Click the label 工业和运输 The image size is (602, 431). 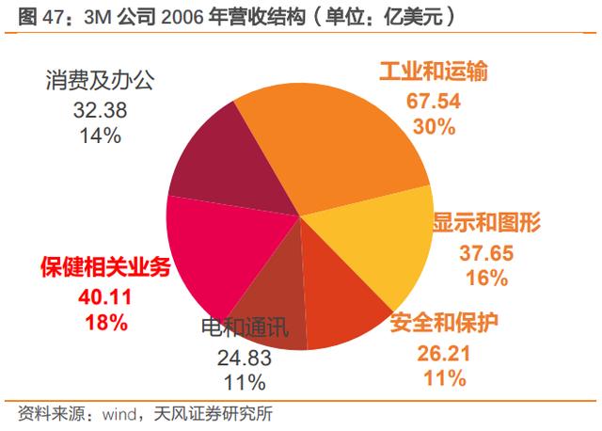[x=434, y=72]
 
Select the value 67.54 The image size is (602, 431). [x=434, y=101]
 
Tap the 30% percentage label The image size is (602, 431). [x=435, y=126]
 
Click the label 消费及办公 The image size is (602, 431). [x=101, y=80]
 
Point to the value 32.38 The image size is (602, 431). [x=101, y=110]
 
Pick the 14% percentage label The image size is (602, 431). [x=101, y=136]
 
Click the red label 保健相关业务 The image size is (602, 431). [x=105, y=266]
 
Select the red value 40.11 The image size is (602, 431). [x=105, y=297]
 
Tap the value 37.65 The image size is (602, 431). [x=486, y=253]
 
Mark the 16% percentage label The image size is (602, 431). [x=487, y=278]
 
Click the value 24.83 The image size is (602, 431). [x=245, y=358]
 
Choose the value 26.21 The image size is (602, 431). [x=444, y=354]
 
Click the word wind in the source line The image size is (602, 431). [x=119, y=414]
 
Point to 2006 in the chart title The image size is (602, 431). [x=182, y=17]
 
